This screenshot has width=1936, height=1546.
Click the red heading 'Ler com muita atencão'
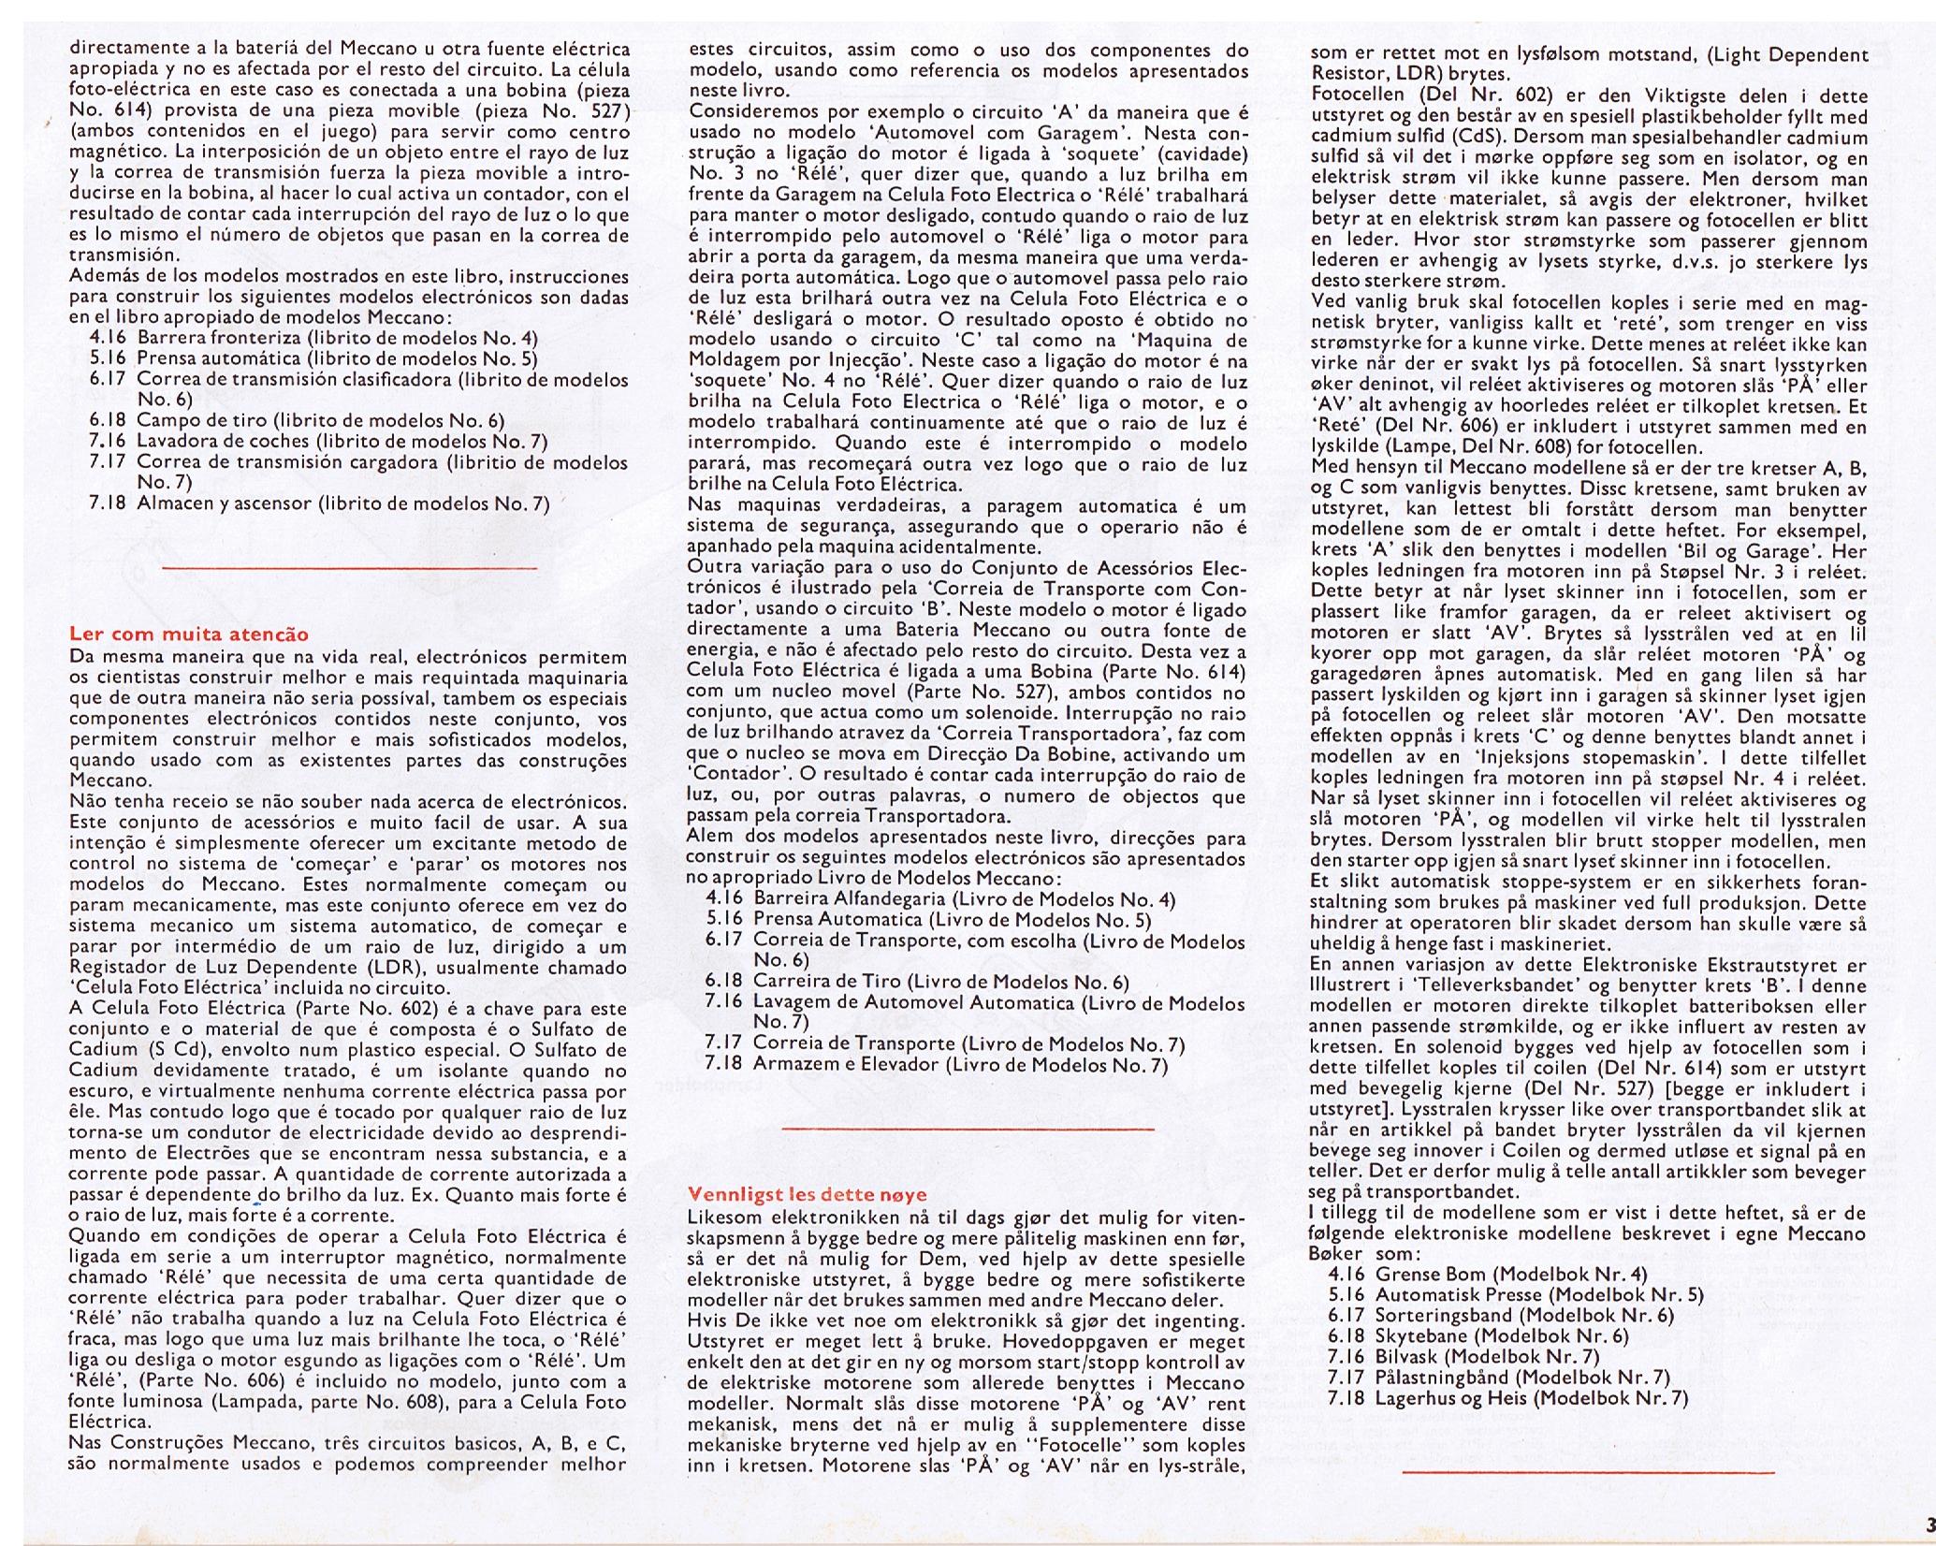pos(189,634)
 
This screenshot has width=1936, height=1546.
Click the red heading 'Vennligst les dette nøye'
pos(807,1194)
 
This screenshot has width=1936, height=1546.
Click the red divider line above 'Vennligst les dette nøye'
pos(968,1129)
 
